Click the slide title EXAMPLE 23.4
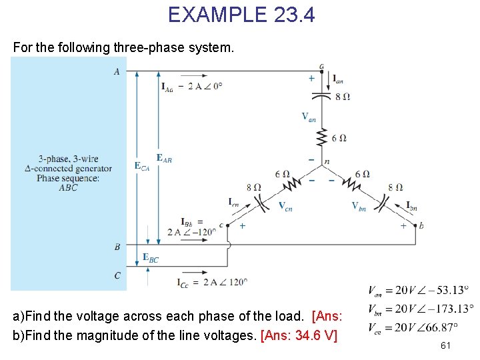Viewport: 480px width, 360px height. pos(241,14)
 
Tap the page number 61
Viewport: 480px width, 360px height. pos(446,345)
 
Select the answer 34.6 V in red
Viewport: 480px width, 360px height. pos(311,335)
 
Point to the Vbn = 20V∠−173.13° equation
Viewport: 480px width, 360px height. pos(421,309)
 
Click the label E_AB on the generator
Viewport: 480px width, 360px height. pos(164,158)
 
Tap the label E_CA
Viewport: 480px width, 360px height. pos(142,165)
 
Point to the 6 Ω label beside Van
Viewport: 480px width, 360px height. pos(339,137)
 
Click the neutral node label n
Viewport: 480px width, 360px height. pos(327,161)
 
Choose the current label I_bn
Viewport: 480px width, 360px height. pos(411,206)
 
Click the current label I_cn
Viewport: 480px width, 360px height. pos(234,201)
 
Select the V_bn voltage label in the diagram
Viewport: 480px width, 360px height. pos(359,206)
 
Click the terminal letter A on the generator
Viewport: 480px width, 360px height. pos(117,71)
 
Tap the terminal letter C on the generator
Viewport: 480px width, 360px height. pos(117,275)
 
